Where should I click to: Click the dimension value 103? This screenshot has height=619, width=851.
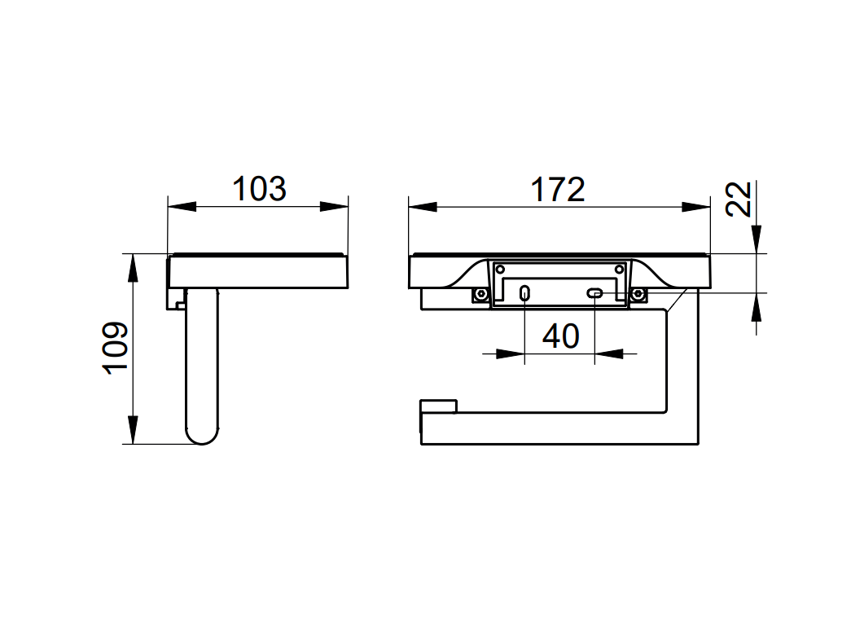click(x=259, y=189)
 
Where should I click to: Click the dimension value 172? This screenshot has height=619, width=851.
click(x=559, y=189)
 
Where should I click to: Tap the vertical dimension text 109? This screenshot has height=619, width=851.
click(x=116, y=348)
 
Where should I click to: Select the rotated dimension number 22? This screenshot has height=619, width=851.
click(x=738, y=200)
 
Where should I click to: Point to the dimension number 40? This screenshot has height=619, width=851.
click(x=560, y=336)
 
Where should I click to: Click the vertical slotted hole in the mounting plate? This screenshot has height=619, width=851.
click(x=525, y=292)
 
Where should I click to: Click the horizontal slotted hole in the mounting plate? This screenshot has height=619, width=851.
click(x=596, y=292)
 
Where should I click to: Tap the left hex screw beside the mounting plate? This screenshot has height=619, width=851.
click(x=480, y=293)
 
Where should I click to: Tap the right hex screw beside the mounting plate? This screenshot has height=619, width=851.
click(x=638, y=293)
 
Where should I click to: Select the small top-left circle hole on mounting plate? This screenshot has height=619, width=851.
click(x=500, y=268)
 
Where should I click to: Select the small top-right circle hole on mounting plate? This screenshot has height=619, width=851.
click(x=621, y=268)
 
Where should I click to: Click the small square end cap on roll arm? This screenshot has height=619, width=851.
click(x=439, y=407)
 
